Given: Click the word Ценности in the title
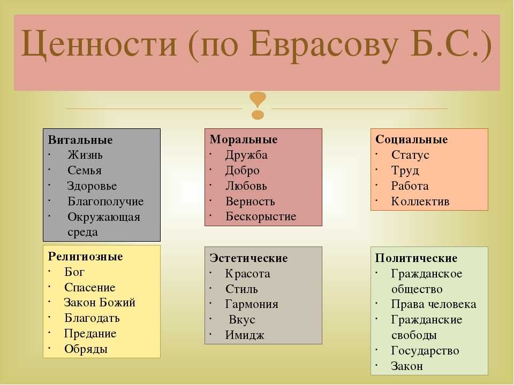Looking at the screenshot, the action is tap(99, 44).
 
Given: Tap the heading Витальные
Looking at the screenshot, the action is tap(80, 140).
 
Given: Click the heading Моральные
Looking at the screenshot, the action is tap(244, 140).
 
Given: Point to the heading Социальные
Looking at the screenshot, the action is tap(411, 140).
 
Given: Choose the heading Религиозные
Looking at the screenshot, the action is tap(85, 256).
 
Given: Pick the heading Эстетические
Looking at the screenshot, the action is tap(248, 258).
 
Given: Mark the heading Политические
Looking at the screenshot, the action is tap(416, 258).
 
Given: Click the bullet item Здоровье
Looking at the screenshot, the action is tap(92, 186).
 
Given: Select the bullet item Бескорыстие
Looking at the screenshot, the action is tap(261, 217).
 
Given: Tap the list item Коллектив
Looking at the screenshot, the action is tap(420, 202).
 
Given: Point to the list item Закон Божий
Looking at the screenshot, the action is tap(100, 303).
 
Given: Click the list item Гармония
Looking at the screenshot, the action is tap(252, 304).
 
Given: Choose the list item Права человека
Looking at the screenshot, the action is tap(434, 304).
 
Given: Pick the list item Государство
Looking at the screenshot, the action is tap(425, 351).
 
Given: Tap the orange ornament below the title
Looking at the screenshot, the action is tap(258, 105).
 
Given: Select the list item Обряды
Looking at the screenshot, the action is tap(86, 349).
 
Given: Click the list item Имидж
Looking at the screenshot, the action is tap(245, 335).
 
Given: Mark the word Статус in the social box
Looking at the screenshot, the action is tap(410, 155).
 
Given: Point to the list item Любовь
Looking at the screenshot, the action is tap(246, 186).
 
